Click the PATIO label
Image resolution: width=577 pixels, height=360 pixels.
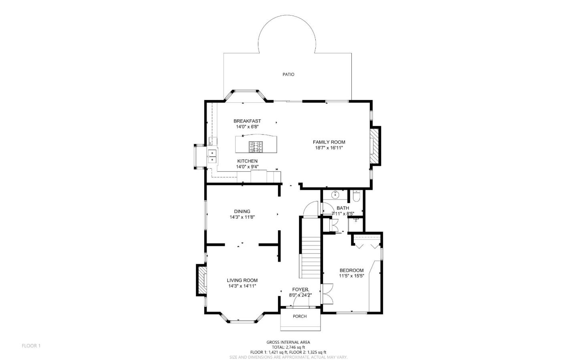(288, 74)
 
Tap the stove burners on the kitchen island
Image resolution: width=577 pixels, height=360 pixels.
(256, 147)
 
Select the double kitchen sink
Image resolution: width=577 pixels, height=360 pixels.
(212, 157)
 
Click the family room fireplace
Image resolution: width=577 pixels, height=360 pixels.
(375, 146)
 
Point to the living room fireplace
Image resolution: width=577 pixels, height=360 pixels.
(201, 280)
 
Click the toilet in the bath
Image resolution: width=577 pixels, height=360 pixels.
(356, 196)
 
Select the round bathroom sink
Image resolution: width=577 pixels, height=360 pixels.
(335, 195)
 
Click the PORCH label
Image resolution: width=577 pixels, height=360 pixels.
(300, 316)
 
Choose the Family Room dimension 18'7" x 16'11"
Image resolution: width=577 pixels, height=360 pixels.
(329, 148)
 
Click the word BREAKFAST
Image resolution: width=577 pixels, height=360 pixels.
(247, 121)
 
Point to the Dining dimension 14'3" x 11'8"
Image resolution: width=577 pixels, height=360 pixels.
(242, 217)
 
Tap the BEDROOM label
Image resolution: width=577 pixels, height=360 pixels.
(351, 270)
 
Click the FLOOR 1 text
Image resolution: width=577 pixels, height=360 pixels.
(31, 346)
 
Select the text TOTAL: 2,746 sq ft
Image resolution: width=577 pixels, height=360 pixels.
(288, 347)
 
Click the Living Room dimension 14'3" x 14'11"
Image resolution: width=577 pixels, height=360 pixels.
(242, 286)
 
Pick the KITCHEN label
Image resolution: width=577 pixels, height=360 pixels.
(247, 161)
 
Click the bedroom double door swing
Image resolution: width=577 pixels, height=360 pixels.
(328, 294)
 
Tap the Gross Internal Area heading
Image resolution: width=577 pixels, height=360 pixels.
(288, 342)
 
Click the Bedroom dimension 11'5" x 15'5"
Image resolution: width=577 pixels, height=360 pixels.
(351, 276)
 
